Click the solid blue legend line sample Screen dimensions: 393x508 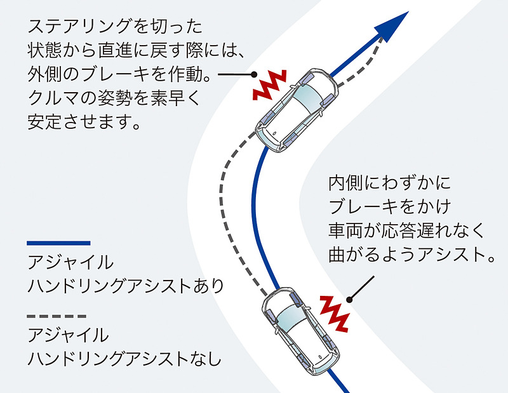pos(58,243)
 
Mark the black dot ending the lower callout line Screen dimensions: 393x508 pos(348,300)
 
